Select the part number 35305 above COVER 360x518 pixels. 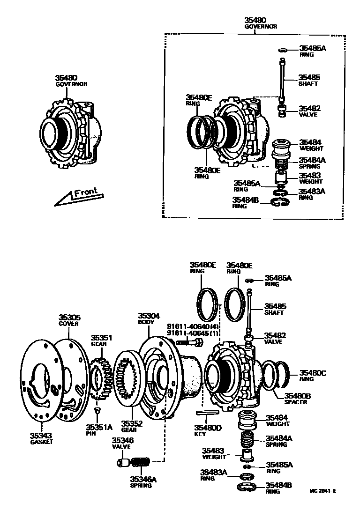click(68, 317)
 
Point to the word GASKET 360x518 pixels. click(41, 442)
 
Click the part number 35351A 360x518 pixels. click(99, 427)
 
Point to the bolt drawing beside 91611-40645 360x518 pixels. click(189, 343)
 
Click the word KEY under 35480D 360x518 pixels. click(200, 433)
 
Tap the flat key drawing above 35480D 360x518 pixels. click(206, 413)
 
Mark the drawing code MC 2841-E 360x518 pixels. click(323, 491)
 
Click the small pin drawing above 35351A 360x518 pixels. click(97, 410)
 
